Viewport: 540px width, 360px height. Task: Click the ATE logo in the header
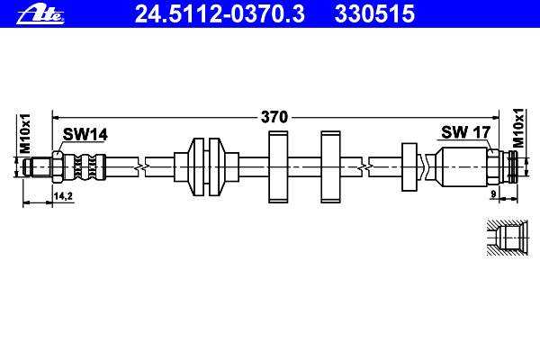pos(40,14)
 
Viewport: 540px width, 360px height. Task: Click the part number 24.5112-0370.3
pos(220,14)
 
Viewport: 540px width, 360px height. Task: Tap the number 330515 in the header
pos(374,14)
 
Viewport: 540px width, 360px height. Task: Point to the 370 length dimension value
pos(274,117)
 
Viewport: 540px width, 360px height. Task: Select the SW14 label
pos(85,134)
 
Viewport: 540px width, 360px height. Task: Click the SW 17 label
pos(465,132)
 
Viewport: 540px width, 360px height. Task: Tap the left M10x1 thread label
pos(25,134)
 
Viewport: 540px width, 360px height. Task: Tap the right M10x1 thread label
pos(518,128)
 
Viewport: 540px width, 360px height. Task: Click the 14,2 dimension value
pos(63,196)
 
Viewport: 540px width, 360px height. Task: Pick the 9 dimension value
pos(493,194)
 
